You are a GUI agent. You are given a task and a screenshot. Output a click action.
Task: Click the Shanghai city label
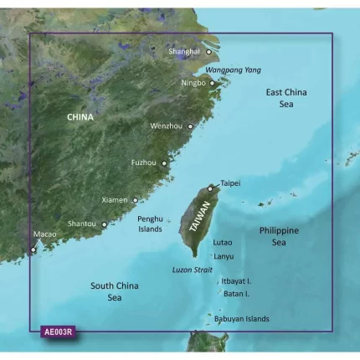click(x=184, y=51)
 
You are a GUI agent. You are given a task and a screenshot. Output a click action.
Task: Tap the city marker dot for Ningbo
click(x=213, y=83)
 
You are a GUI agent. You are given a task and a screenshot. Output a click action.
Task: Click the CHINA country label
click(x=82, y=118)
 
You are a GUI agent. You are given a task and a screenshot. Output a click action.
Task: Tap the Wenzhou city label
click(x=164, y=126)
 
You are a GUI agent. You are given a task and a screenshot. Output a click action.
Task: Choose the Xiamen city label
click(x=114, y=200)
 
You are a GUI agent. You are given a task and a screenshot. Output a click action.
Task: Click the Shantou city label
click(x=81, y=224)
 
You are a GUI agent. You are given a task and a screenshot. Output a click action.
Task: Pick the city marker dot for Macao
click(x=33, y=248)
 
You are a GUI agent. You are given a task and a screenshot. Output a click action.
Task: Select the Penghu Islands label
click(x=154, y=224)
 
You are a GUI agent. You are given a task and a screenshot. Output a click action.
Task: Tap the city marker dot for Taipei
click(x=211, y=188)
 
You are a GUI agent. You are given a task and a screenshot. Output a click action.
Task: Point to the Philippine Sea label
click(x=277, y=235)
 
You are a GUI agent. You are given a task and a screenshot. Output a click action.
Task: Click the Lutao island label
click(x=223, y=242)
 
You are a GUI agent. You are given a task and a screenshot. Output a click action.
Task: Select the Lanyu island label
click(x=224, y=256)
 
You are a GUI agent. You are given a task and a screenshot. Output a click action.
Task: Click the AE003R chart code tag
click(x=59, y=331)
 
